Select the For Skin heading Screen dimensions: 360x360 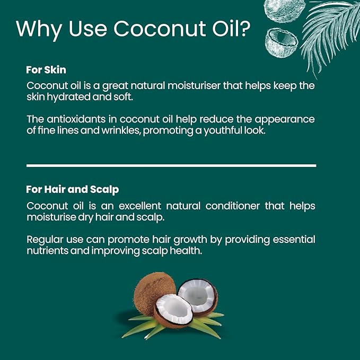pos(46,69)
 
